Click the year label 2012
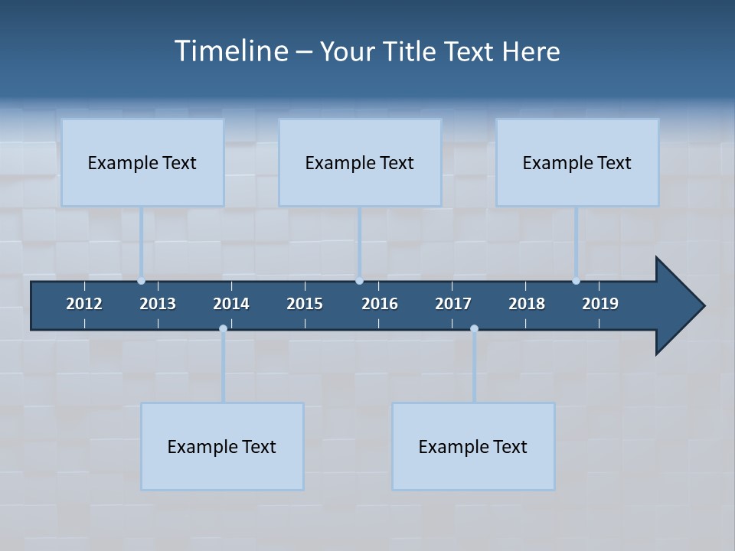[84, 304]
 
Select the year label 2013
[158, 304]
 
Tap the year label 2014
[231, 304]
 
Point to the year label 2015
[305, 304]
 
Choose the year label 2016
[380, 304]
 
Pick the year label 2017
[453, 304]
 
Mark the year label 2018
[527, 304]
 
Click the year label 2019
[600, 304]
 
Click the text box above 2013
[142, 162]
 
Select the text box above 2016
[360, 162]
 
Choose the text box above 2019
[577, 162]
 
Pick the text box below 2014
[222, 446]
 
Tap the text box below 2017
[473, 446]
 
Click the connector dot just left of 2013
[141, 281]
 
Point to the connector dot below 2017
[474, 329]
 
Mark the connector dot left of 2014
[223, 329]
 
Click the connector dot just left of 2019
[576, 281]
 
